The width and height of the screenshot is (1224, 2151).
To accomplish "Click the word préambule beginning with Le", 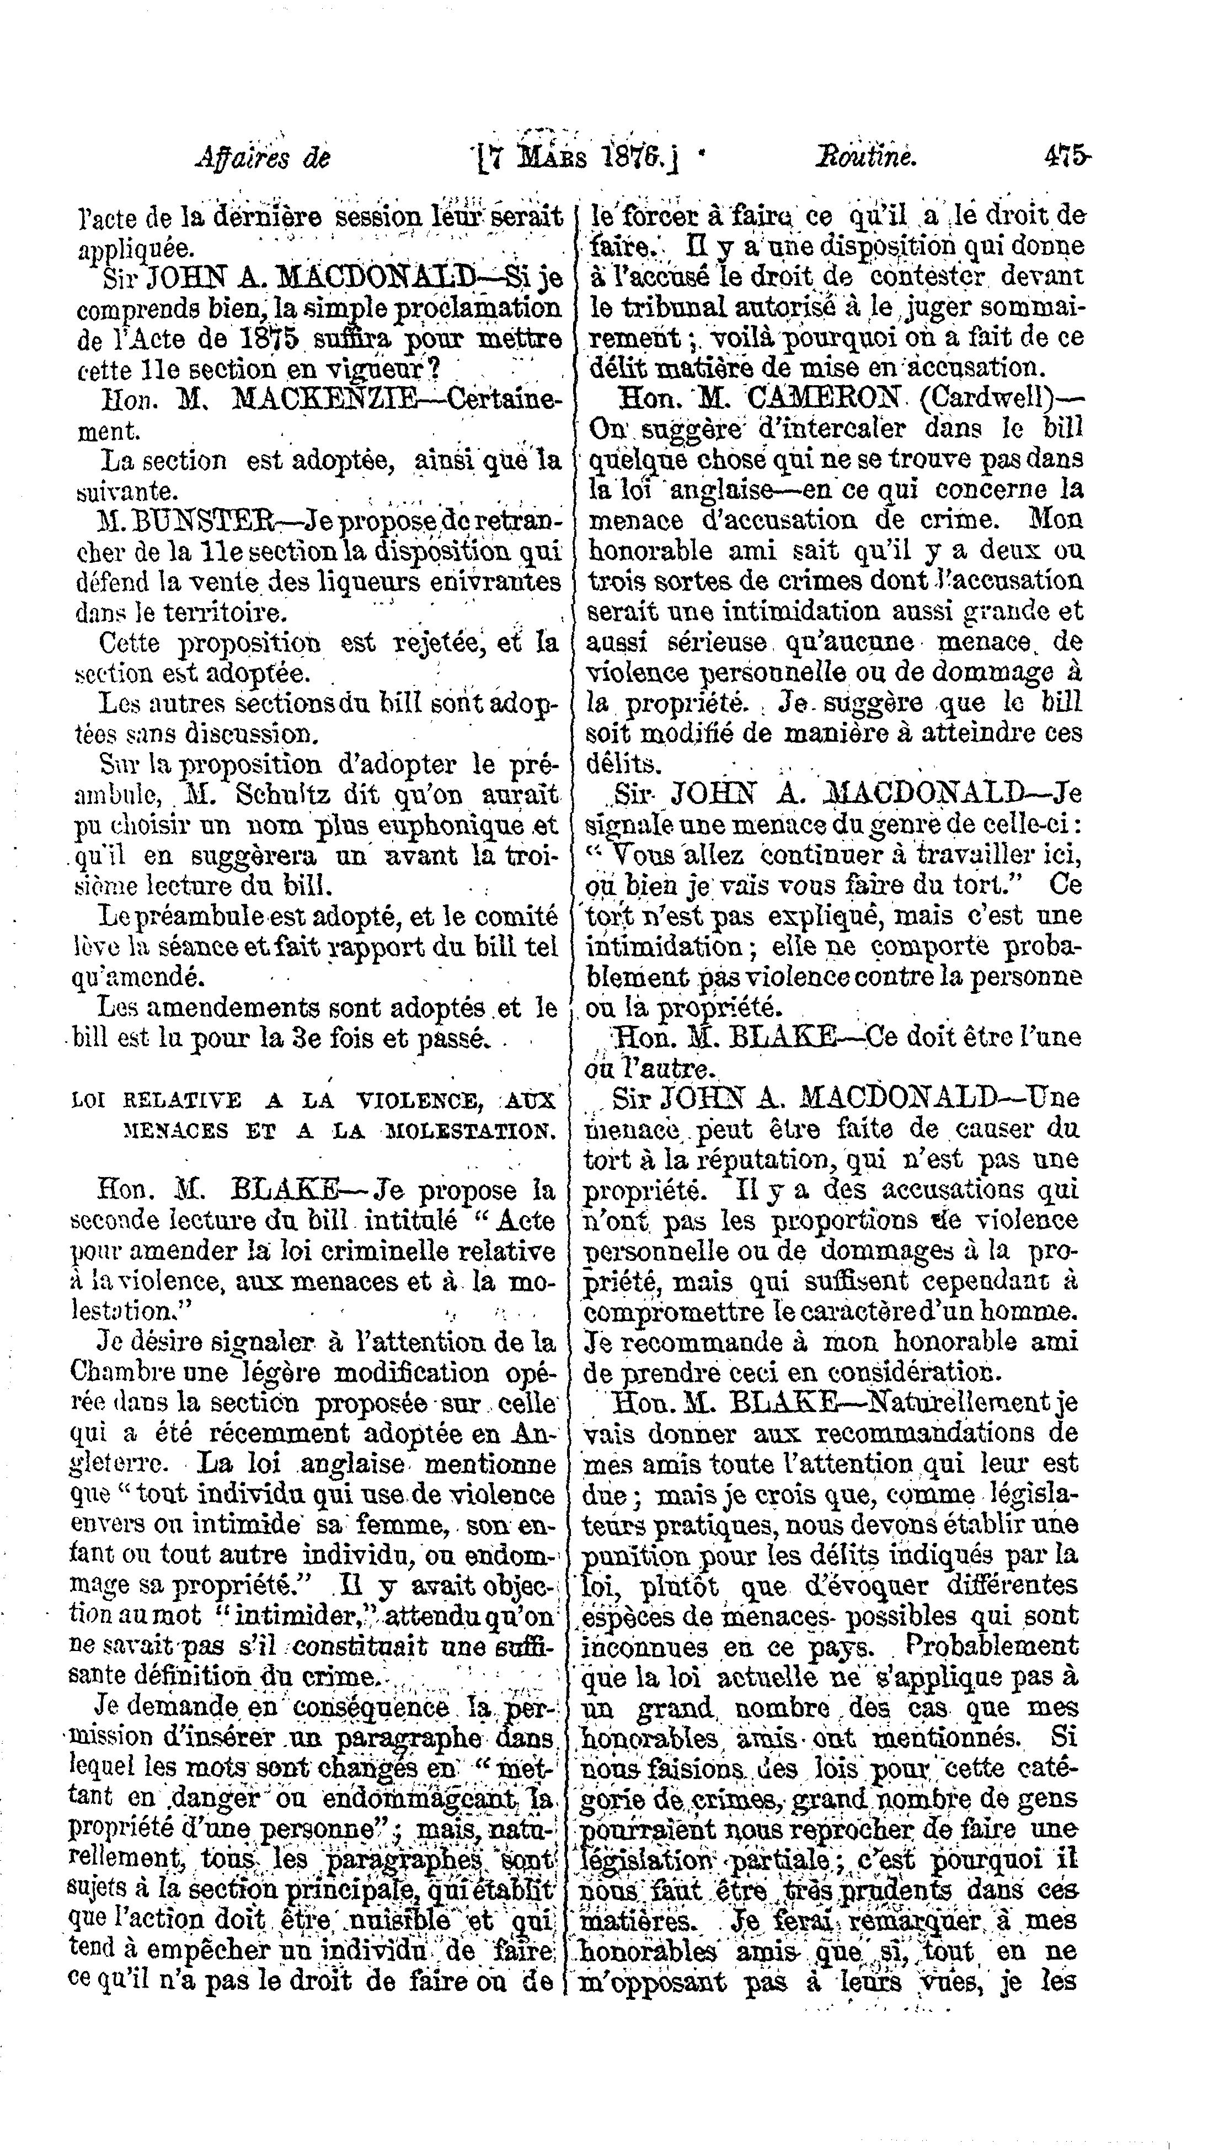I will tap(189, 915).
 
